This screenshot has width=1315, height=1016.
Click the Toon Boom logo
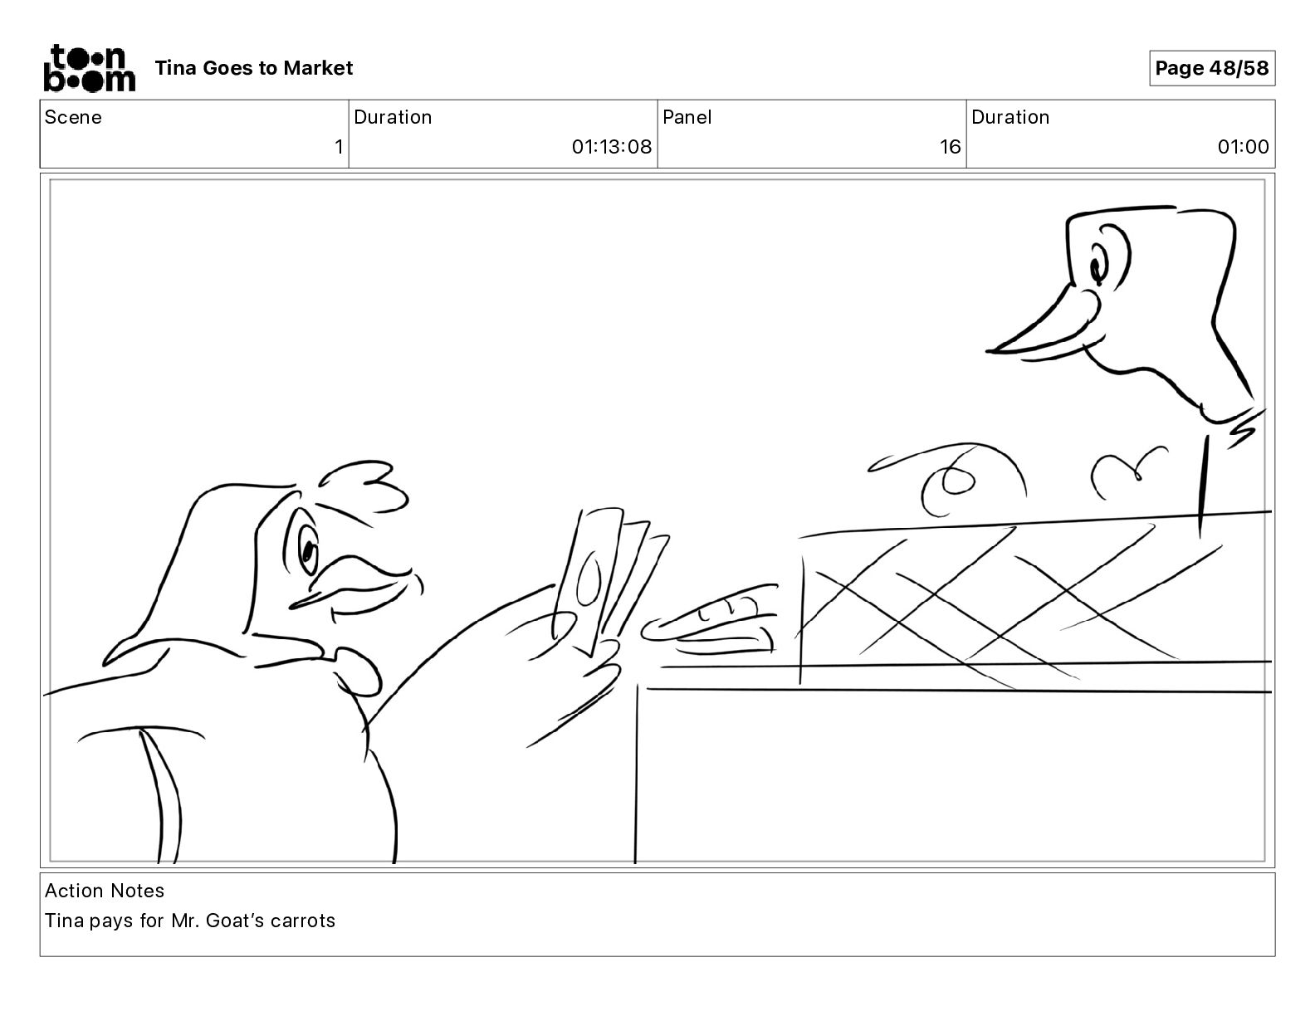(x=90, y=68)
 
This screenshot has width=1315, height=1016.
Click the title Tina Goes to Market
(x=253, y=68)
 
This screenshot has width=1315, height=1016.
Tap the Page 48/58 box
(x=1212, y=68)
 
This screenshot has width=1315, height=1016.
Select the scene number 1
(x=339, y=146)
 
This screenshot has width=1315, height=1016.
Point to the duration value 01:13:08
(x=611, y=146)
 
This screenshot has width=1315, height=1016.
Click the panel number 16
(x=950, y=146)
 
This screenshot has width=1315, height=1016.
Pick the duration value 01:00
(x=1243, y=146)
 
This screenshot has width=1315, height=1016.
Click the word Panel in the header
(x=687, y=117)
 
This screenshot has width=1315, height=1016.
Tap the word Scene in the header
(x=73, y=117)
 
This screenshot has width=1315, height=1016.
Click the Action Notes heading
(x=105, y=890)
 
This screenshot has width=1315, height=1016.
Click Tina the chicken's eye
(x=307, y=549)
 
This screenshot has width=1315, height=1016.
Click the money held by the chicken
(x=611, y=581)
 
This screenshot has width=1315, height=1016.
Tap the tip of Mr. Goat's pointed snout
(x=989, y=350)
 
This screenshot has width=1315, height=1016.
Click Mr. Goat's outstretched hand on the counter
(x=709, y=620)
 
